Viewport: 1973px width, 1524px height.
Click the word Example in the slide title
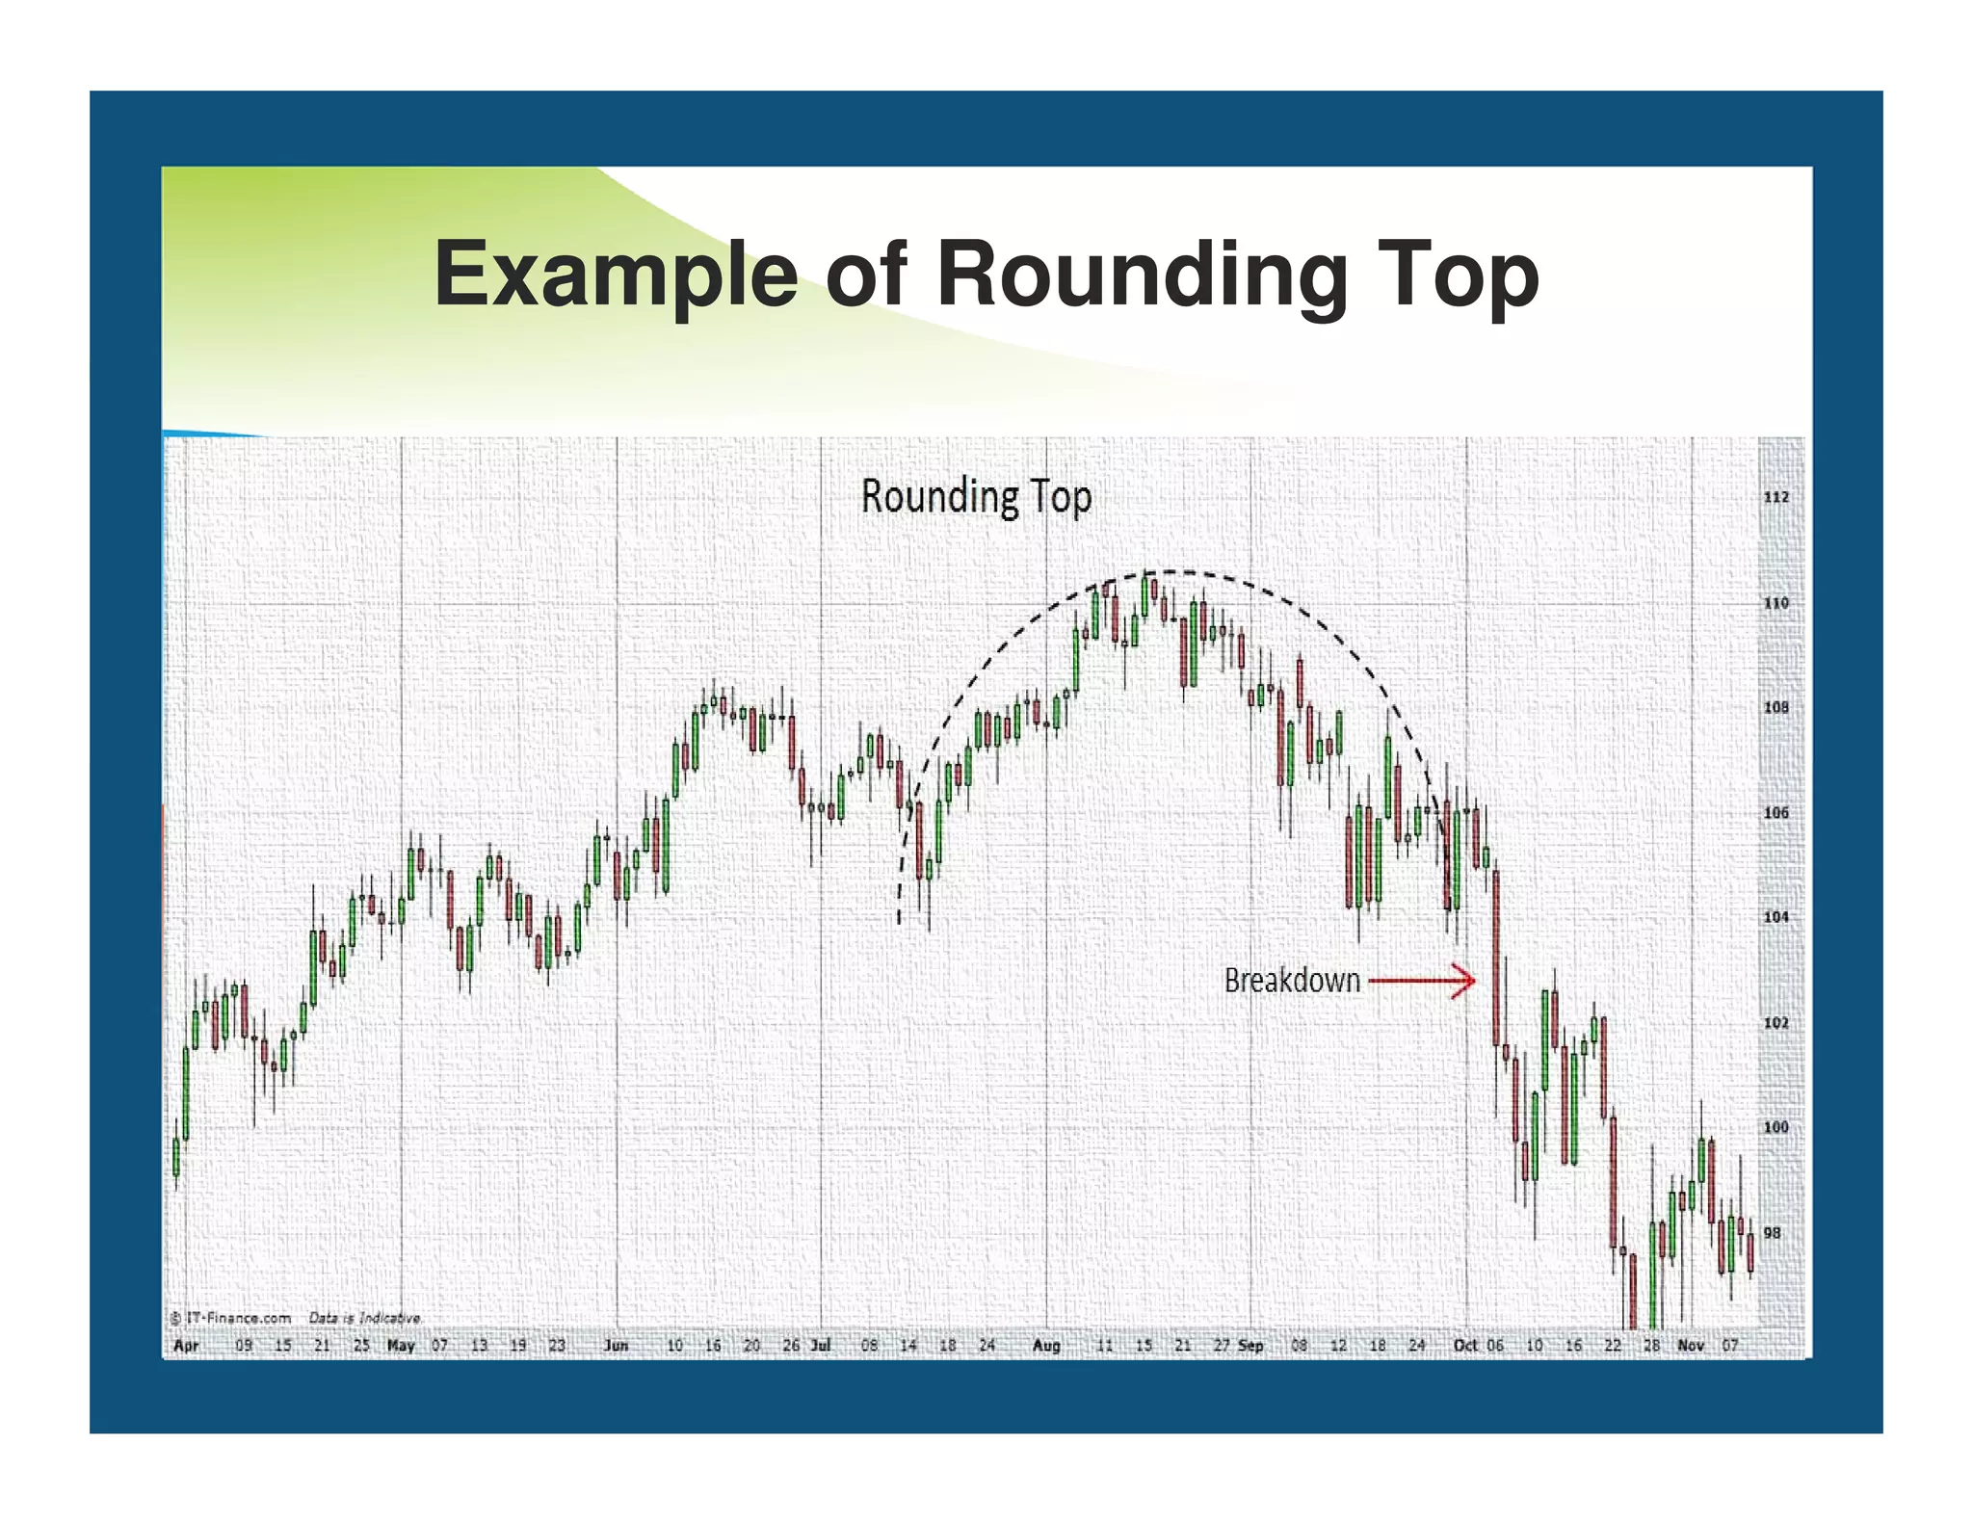click(x=616, y=275)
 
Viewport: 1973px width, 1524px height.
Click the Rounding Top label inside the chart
click(x=976, y=497)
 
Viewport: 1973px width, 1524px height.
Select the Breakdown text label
click(x=1292, y=981)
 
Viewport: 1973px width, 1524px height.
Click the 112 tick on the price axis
click(x=1776, y=497)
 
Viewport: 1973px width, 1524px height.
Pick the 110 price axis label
click(x=1776, y=603)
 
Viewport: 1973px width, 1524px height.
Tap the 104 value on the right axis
click(x=1776, y=917)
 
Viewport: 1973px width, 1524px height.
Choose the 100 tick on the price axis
click(x=1776, y=1127)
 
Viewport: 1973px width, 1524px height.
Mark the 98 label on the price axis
click(x=1772, y=1233)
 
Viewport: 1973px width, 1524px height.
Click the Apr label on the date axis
click(x=186, y=1346)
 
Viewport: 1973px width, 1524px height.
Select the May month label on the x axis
click(x=401, y=1346)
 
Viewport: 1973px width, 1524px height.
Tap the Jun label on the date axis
click(x=616, y=1346)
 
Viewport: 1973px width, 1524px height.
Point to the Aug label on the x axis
click(x=1046, y=1346)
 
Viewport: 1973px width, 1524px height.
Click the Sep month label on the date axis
click(x=1250, y=1346)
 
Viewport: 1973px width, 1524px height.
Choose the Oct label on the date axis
click(x=1465, y=1346)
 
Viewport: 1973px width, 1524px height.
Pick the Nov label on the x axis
click(x=1691, y=1346)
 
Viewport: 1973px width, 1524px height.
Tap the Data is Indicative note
click(x=364, y=1318)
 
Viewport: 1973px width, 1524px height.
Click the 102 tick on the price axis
click(x=1776, y=1023)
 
